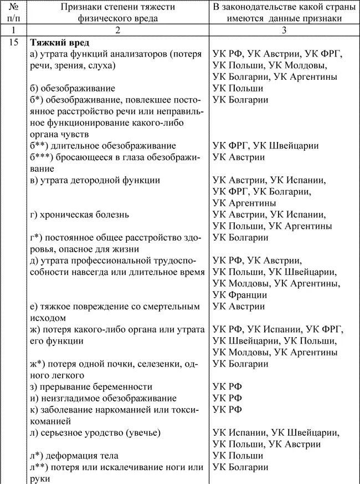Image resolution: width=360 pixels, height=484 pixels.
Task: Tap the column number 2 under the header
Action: [117, 30]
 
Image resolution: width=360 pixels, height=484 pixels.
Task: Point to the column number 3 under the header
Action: [283, 30]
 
